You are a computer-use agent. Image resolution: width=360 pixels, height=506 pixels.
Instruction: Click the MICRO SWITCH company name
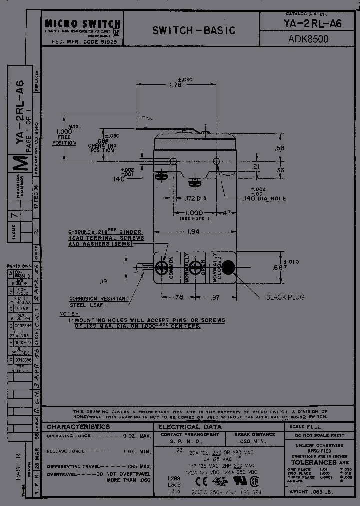tap(82, 23)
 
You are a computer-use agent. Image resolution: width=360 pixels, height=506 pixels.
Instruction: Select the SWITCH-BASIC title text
tap(193, 31)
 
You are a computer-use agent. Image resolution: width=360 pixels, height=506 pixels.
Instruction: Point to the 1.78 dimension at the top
tap(176, 85)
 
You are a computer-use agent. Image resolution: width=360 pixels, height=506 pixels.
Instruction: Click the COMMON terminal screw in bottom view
tap(161, 267)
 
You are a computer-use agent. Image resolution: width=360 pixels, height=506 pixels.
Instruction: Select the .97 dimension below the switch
tap(215, 298)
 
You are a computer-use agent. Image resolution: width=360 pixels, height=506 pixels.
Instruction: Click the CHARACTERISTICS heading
tap(78, 427)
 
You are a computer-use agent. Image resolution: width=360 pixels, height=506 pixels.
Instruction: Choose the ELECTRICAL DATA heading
tap(187, 427)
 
